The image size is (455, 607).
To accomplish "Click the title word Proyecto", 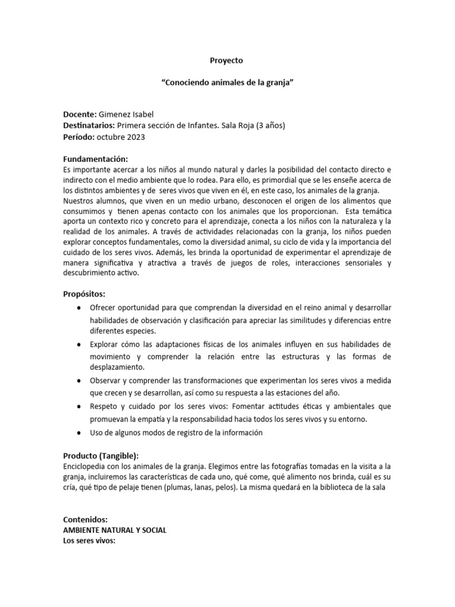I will (x=227, y=60).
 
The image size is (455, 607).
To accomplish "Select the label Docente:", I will (x=79, y=114).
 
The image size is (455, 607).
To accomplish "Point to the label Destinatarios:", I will (x=89, y=126).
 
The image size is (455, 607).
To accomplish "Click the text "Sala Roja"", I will (x=238, y=126).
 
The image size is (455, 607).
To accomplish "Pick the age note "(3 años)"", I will (x=271, y=126).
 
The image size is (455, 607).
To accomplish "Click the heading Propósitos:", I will (x=85, y=295).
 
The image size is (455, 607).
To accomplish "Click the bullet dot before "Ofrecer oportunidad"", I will (x=79, y=308).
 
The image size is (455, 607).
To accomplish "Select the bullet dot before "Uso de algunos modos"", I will (x=79, y=433).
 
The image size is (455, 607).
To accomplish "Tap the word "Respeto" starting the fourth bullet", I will (x=104, y=406).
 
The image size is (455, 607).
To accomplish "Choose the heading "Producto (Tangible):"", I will (x=101, y=455).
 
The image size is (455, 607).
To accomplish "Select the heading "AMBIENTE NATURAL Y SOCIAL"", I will (x=115, y=531).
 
